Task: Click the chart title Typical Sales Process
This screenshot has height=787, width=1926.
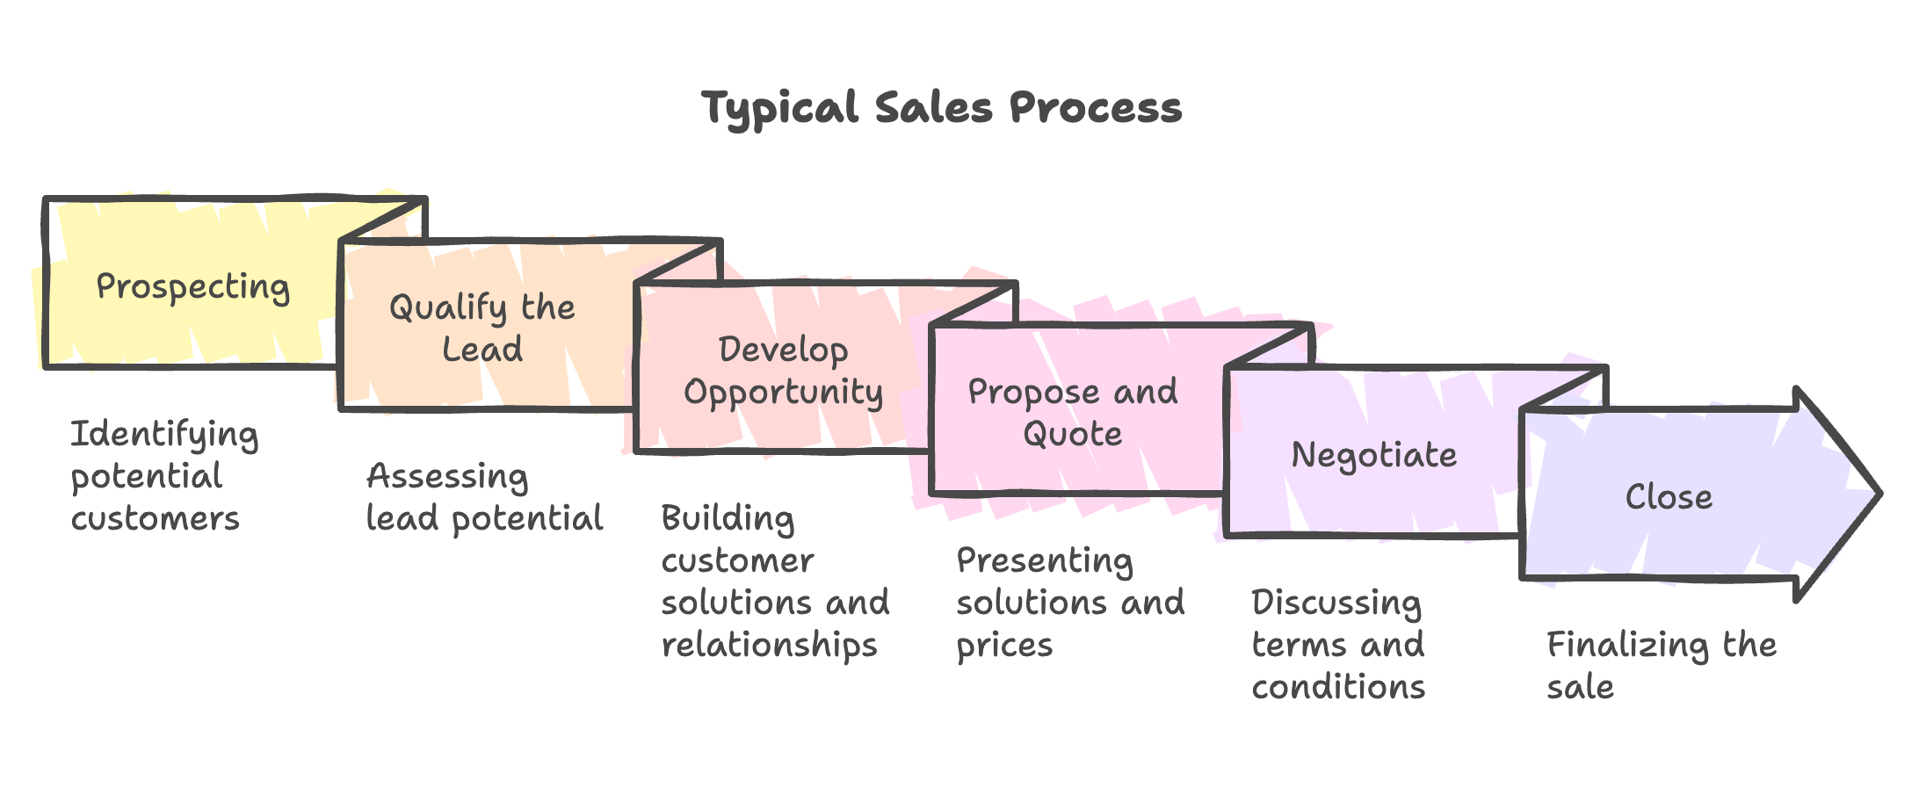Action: point(942,108)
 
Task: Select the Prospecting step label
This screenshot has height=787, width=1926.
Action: point(192,287)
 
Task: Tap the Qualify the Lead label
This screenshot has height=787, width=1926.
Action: point(482,328)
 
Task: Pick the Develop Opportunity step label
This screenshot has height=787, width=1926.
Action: point(783,370)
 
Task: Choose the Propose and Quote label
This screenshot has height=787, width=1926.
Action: point(1072,412)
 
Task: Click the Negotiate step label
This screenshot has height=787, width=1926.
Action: point(1373,455)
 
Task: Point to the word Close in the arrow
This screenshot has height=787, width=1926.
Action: point(1669,497)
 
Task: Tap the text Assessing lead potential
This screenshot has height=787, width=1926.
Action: point(483,497)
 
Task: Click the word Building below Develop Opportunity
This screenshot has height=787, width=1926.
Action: point(728,518)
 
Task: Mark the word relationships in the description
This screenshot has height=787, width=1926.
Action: point(769,645)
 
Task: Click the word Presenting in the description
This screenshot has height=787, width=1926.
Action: point(1044,560)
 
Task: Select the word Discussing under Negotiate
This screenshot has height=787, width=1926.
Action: point(1336,603)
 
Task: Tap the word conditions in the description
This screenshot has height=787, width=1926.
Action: point(1338,687)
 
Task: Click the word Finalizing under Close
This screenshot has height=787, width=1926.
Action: point(1627,645)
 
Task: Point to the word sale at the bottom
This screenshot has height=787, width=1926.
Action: point(1580,687)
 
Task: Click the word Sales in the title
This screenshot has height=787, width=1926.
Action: point(933,108)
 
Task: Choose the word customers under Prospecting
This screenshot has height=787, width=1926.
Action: point(155,518)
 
